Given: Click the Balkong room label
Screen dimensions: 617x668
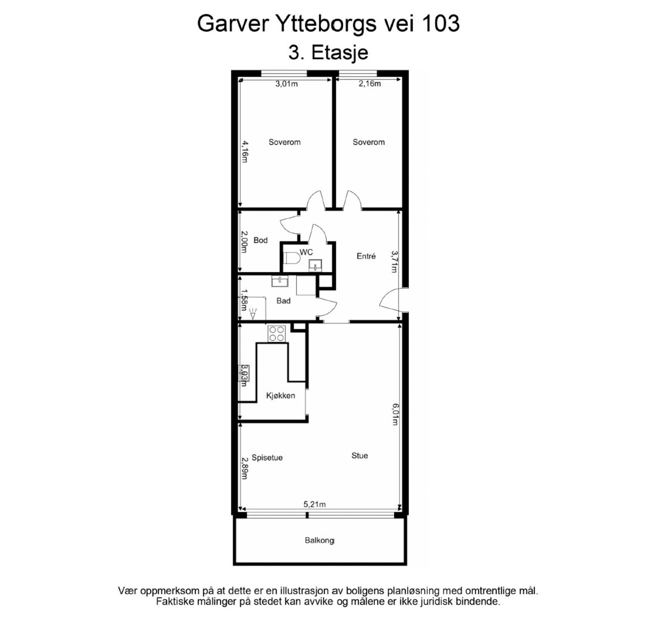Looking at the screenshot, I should (x=319, y=540).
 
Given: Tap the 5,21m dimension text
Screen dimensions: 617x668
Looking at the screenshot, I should (x=314, y=504).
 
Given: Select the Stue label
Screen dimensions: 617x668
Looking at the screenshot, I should (x=359, y=455).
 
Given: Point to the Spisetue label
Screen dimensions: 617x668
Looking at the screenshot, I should (x=267, y=458).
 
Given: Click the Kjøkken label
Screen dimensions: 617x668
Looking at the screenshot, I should (x=281, y=395).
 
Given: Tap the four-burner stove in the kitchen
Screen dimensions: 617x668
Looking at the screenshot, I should (x=276, y=334).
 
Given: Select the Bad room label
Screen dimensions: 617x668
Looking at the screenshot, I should (x=283, y=301).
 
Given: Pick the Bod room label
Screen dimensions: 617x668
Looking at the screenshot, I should (x=261, y=240).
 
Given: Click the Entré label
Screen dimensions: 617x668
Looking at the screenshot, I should (x=366, y=256).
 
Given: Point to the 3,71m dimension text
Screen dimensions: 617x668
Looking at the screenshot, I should (x=394, y=261).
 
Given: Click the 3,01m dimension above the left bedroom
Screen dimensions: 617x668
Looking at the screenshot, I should (x=286, y=84).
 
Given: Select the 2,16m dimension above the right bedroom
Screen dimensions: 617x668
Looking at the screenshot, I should (x=369, y=84).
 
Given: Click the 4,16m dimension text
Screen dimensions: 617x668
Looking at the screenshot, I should (x=245, y=152).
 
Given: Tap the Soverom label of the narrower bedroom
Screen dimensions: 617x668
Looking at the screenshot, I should (x=369, y=142).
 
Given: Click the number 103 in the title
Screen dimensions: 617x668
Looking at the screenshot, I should (x=441, y=23).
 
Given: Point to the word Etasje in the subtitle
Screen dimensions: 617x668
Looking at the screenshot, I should (x=340, y=53).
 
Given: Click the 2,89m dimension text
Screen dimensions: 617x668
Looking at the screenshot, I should (x=245, y=468).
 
